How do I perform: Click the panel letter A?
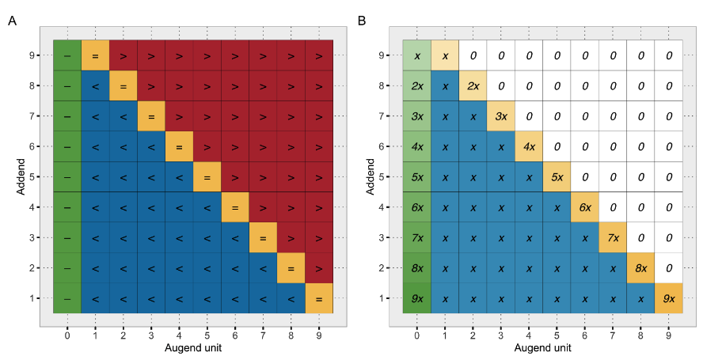click(12, 21)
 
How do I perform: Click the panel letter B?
click(362, 21)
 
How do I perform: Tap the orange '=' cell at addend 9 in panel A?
click(95, 56)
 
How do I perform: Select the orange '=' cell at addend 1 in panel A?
click(318, 298)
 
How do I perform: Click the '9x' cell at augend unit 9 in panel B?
click(669, 298)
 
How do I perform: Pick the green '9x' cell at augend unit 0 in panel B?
click(417, 298)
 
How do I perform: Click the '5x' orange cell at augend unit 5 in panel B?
click(557, 177)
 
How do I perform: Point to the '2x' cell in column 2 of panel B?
click(473, 86)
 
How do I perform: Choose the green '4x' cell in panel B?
click(417, 146)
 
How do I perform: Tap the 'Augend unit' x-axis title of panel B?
click(542, 347)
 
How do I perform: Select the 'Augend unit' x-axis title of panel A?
click(192, 347)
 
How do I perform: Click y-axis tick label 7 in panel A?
click(32, 116)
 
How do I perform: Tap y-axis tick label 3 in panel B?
click(382, 237)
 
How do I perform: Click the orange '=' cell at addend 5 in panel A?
click(207, 177)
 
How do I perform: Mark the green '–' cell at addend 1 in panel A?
click(66, 298)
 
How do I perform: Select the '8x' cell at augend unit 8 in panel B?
click(640, 268)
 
